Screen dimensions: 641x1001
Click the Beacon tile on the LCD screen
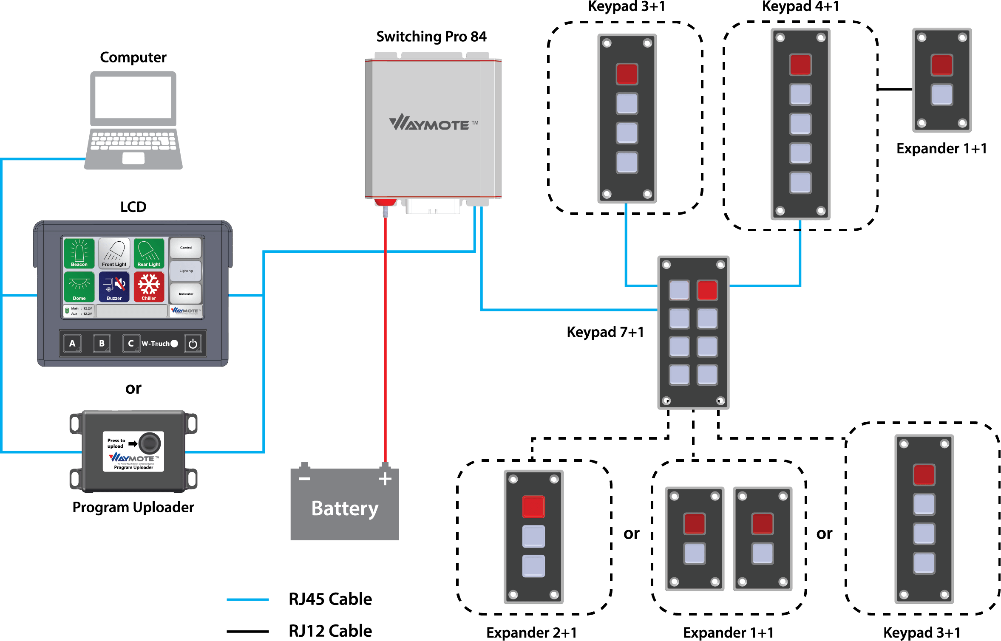click(x=79, y=253)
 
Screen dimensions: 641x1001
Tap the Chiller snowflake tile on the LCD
click(x=149, y=287)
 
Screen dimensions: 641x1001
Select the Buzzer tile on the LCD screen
click(x=114, y=287)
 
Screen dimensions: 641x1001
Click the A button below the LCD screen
click(x=72, y=343)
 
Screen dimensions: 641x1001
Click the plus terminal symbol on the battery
click(x=385, y=479)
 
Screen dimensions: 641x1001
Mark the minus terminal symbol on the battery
click(x=304, y=479)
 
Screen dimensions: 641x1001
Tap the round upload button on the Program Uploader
click(x=150, y=443)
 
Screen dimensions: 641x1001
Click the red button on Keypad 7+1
click(x=707, y=291)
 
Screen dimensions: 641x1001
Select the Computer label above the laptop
click(x=133, y=57)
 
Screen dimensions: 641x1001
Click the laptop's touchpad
click(x=133, y=158)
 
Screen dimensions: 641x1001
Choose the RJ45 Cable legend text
click(x=330, y=599)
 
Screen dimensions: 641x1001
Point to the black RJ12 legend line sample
click(x=248, y=631)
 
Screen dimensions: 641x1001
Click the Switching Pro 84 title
click(x=431, y=37)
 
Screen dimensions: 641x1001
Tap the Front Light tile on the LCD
click(x=114, y=253)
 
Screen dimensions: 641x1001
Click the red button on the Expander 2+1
click(x=533, y=507)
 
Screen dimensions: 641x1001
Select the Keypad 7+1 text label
click(x=605, y=332)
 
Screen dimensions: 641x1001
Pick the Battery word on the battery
click(x=345, y=508)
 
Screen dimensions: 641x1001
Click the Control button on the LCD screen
click(x=186, y=248)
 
